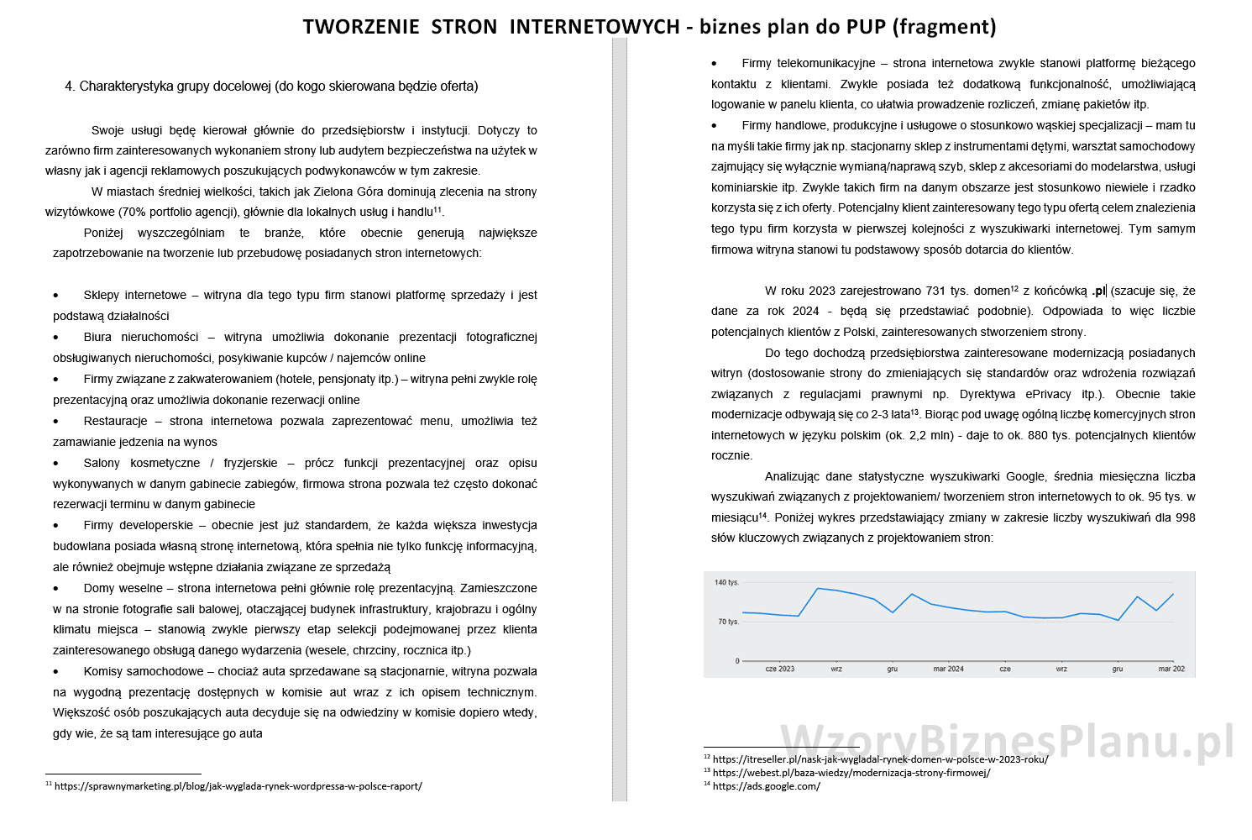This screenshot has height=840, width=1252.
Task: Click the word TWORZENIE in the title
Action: [x=360, y=27]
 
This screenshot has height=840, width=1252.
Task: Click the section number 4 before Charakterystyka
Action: [x=69, y=87]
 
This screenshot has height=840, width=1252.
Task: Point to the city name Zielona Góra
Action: [x=337, y=192]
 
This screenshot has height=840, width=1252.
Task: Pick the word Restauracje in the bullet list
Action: [x=115, y=421]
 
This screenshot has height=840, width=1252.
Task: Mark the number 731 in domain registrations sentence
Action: [x=935, y=291]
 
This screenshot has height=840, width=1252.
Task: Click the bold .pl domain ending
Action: [x=1098, y=291]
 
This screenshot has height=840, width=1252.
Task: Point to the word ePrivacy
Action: [x=1048, y=395]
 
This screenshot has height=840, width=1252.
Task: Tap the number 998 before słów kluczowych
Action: [x=1185, y=518]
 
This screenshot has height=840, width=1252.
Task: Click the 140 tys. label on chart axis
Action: [x=726, y=582]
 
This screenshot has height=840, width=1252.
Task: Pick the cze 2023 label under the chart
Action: [x=779, y=669]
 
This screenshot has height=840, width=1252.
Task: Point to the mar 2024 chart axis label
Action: [x=948, y=669]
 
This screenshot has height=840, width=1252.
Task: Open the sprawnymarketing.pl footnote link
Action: [x=238, y=787]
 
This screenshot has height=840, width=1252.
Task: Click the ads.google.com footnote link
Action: [x=766, y=787]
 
